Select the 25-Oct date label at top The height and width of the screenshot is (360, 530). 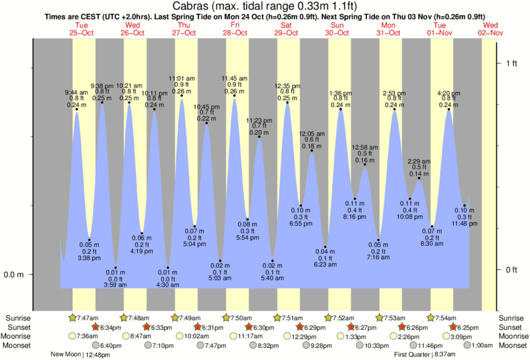(x=82, y=32)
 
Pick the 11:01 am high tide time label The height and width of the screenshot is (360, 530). (x=181, y=78)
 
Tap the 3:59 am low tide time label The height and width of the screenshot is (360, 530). (x=116, y=286)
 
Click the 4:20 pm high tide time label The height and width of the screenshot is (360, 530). (x=448, y=92)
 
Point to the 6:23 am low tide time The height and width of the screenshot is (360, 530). (x=325, y=265)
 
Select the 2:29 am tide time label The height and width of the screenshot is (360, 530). (x=419, y=161)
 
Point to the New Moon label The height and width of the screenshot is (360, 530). (x=65, y=355)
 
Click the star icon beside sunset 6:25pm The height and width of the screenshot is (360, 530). (x=454, y=327)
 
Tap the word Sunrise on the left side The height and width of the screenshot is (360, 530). (x=18, y=318)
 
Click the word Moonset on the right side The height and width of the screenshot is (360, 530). (x=512, y=345)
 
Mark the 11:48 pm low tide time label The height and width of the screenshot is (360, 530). (x=465, y=224)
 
